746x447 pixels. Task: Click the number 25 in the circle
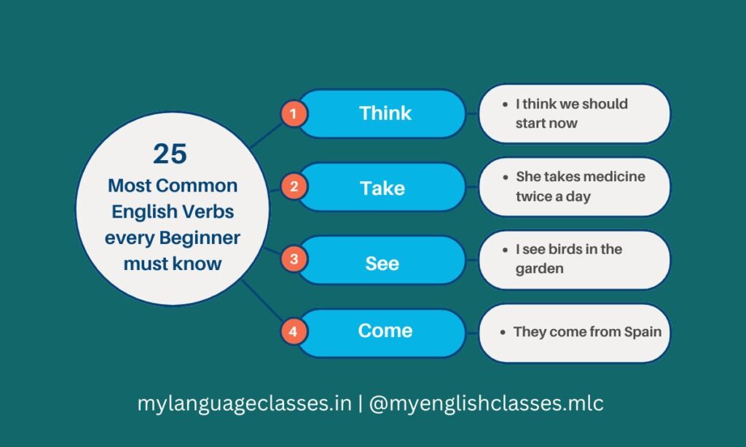170,154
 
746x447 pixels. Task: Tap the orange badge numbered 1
294,114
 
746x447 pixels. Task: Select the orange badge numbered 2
294,186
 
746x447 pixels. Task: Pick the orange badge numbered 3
294,259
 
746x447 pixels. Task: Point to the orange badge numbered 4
294,332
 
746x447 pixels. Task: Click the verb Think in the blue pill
385,114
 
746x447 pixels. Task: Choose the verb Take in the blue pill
382,188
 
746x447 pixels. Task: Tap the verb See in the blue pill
382,263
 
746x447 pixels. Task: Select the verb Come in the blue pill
385,331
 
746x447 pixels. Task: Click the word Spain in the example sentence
643,332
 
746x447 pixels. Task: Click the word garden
540,269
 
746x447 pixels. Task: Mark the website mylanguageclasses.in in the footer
245,403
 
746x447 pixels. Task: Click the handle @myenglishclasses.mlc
487,403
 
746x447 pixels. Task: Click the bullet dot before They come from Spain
503,332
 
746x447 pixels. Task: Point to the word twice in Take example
535,197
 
